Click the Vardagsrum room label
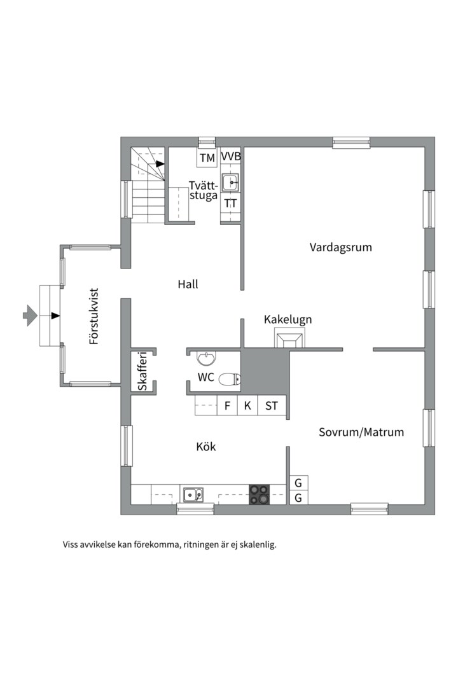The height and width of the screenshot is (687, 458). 340,247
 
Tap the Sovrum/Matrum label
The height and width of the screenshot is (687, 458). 361,433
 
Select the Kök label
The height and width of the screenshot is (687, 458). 205,447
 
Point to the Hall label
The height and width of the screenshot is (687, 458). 188,284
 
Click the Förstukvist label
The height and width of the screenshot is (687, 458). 94,316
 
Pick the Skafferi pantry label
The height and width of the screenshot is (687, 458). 143,371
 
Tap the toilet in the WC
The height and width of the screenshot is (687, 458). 229,380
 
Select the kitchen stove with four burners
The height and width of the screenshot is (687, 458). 259,494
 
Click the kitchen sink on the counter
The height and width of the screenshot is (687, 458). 193,494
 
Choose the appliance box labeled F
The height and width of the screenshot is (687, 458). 227,406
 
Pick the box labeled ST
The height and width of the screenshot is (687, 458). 272,406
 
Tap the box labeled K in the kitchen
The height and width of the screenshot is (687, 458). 247,406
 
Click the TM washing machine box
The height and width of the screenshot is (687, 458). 207,158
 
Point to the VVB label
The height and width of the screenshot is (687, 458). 230,156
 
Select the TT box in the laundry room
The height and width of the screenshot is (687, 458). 230,204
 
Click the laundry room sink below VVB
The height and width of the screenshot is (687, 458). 230,181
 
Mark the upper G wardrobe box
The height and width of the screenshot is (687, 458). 298,483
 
